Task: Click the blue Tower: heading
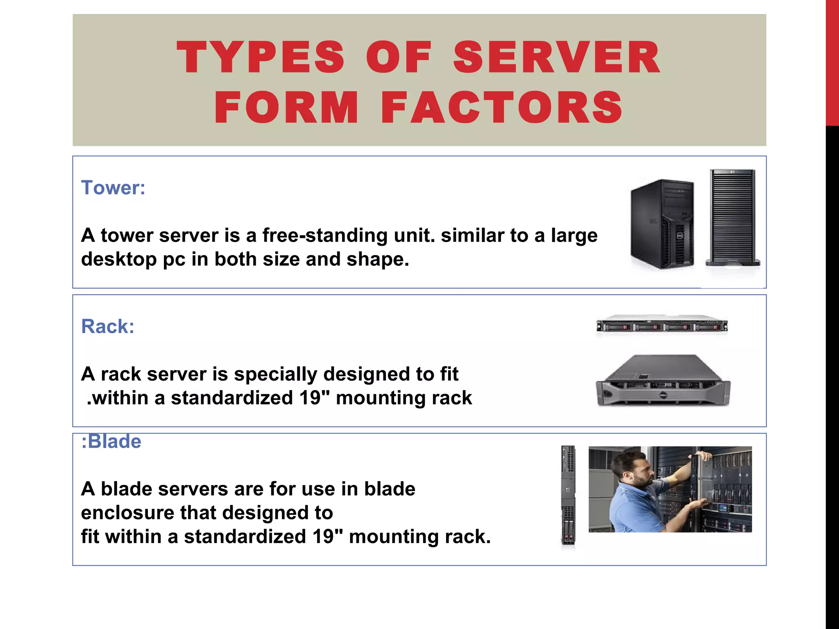(x=113, y=188)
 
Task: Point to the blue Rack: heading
(x=108, y=326)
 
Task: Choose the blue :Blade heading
(x=111, y=441)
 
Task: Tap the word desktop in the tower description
(x=118, y=259)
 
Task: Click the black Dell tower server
(x=662, y=224)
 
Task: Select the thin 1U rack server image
(x=662, y=326)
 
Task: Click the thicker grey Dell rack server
(x=662, y=381)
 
